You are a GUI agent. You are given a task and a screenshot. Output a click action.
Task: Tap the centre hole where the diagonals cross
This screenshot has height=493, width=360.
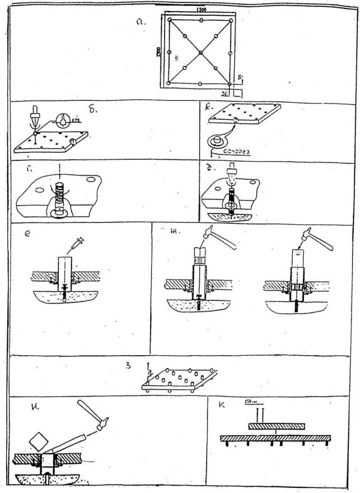point(200,52)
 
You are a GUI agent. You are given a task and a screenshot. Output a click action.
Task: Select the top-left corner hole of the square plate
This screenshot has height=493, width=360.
point(170,20)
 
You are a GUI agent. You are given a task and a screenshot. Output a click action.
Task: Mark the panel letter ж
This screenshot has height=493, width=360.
point(176,236)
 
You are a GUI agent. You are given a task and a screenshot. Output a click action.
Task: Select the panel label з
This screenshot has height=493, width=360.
point(128,368)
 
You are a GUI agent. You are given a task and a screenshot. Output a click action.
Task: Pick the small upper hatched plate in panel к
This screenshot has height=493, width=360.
point(277,426)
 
